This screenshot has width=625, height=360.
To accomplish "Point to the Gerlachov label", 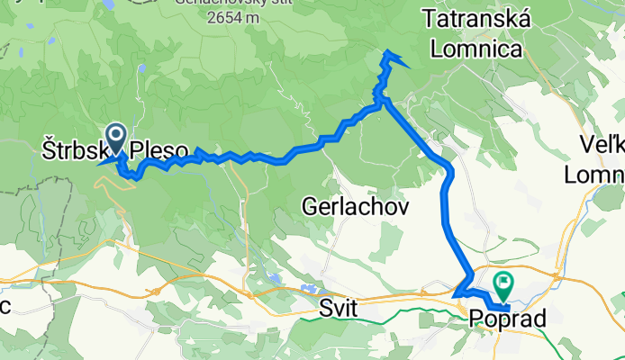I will [355, 208].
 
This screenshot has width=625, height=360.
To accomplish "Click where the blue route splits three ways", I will [382, 101].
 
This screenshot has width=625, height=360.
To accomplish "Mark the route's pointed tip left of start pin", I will [99, 163].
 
